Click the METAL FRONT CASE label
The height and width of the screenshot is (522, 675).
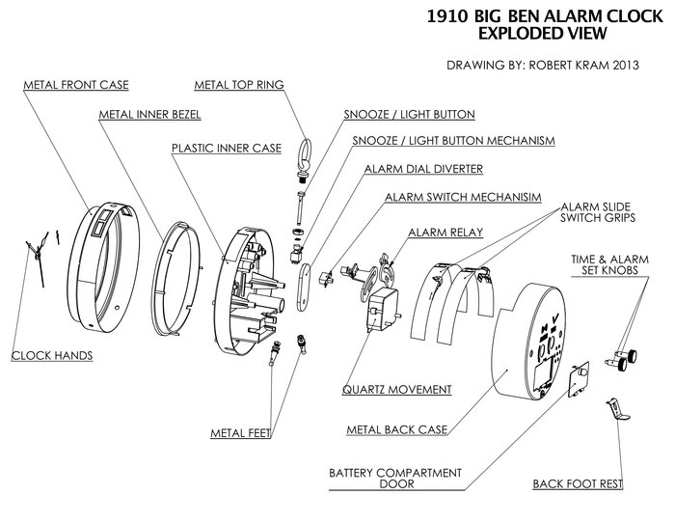tap(75, 85)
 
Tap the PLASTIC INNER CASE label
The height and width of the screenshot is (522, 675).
tap(226, 149)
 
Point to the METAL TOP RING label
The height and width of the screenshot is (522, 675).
tap(238, 84)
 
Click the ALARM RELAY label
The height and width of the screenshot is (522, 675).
tap(445, 233)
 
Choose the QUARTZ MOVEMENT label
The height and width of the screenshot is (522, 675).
tap(397, 390)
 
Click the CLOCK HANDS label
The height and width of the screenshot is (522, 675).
tap(51, 356)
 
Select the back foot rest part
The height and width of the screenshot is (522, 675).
tap(613, 409)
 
